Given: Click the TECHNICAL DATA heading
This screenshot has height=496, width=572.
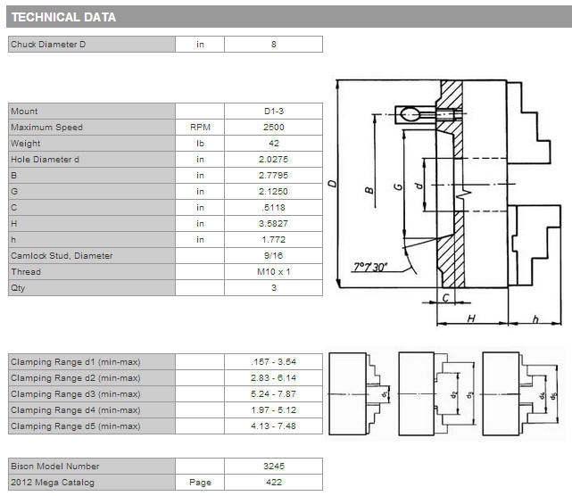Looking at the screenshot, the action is pyautogui.click(x=63, y=17).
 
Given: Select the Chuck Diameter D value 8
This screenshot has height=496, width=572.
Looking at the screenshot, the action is pyautogui.click(x=274, y=44).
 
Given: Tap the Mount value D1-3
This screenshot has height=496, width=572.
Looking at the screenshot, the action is pyautogui.click(x=274, y=112).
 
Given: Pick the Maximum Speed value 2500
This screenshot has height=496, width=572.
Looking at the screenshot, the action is pyautogui.click(x=274, y=128).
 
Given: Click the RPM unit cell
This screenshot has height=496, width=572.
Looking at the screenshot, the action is pyautogui.click(x=200, y=128).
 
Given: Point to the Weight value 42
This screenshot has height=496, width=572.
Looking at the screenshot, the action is pyautogui.click(x=274, y=144).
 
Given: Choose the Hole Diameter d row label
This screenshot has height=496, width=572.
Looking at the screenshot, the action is pyautogui.click(x=45, y=160).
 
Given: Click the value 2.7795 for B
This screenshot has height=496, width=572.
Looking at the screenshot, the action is pyautogui.click(x=274, y=176).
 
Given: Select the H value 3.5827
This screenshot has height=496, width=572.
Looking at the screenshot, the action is pyautogui.click(x=274, y=224).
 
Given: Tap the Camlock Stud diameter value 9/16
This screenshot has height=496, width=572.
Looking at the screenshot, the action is pyautogui.click(x=274, y=256).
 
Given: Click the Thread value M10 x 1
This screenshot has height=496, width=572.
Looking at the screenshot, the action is pyautogui.click(x=274, y=272).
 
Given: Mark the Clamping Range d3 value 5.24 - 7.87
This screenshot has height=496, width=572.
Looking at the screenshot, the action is pyautogui.click(x=274, y=394).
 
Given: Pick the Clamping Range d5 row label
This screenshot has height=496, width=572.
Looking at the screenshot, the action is pyautogui.click(x=76, y=426).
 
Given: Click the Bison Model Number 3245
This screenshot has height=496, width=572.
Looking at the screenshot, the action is pyautogui.click(x=274, y=467).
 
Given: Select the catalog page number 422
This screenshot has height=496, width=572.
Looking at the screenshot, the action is pyautogui.click(x=274, y=483).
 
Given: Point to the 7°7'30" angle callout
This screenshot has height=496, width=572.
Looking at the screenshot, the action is pyautogui.click(x=369, y=268).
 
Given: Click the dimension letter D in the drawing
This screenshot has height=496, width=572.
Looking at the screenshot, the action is pyautogui.click(x=332, y=183).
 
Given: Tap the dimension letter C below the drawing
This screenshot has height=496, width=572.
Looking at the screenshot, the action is pyautogui.click(x=445, y=298).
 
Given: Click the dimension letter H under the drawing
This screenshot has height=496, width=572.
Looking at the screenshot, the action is pyautogui.click(x=471, y=318).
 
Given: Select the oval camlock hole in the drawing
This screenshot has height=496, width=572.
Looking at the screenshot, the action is pyautogui.click(x=410, y=114).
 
